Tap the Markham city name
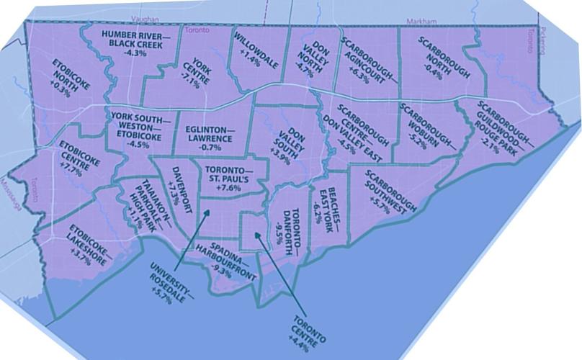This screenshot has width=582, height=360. click(x=420, y=22)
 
